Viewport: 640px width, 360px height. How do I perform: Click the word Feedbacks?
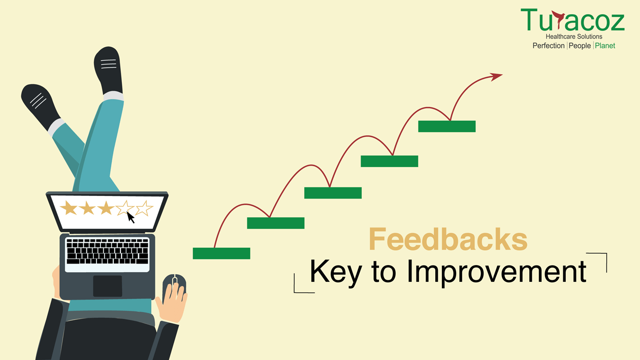pyautogui.click(x=448, y=239)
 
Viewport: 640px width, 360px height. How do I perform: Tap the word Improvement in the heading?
pyautogui.click(x=497, y=272)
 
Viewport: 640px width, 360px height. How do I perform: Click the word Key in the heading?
pyautogui.click(x=336, y=272)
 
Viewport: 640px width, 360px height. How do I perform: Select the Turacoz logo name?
pyautogui.click(x=572, y=19)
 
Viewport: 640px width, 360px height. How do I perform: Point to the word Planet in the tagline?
pyautogui.click(x=605, y=46)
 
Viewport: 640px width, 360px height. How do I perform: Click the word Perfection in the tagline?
pyautogui.click(x=549, y=46)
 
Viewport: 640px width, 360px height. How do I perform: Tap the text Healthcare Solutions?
pyautogui.click(x=574, y=37)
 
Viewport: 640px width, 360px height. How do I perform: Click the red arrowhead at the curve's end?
pyautogui.click(x=496, y=77)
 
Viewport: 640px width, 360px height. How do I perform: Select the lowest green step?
pyautogui.click(x=221, y=253)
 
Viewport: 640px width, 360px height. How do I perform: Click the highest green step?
pyautogui.click(x=447, y=126)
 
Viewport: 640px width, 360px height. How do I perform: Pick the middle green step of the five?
pyautogui.click(x=333, y=193)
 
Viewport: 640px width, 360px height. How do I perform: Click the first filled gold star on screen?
pyautogui.click(x=69, y=208)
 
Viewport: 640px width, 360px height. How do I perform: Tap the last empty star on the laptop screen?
pyautogui.click(x=144, y=208)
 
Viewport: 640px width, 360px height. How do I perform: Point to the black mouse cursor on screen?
pyautogui.click(x=131, y=217)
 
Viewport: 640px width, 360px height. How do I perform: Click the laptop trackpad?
pyautogui.click(x=108, y=286)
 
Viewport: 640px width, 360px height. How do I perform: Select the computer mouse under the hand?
pyautogui.click(x=174, y=287)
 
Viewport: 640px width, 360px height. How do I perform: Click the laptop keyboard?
pyautogui.click(x=108, y=251)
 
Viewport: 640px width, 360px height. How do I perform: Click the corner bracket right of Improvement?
pyautogui.click(x=602, y=259)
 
